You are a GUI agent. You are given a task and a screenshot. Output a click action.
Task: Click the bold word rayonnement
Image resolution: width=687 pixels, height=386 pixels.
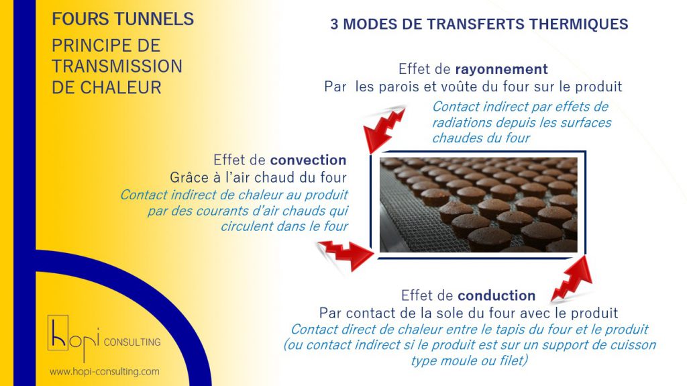click(502, 69)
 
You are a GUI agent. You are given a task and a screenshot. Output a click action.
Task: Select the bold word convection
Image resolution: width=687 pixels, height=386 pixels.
click(308, 160)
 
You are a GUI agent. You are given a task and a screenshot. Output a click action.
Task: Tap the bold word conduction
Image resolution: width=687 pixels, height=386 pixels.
click(496, 295)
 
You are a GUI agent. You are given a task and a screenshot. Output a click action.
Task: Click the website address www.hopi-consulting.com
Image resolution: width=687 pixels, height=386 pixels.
click(104, 372)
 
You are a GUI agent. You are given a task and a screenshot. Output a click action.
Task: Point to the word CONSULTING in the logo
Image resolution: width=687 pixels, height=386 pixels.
click(132, 342)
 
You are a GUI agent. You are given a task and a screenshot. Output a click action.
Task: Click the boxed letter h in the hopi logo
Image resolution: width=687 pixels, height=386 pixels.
click(58, 332)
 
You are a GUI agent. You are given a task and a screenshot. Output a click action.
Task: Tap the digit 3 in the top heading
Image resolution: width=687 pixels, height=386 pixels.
click(334, 24)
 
